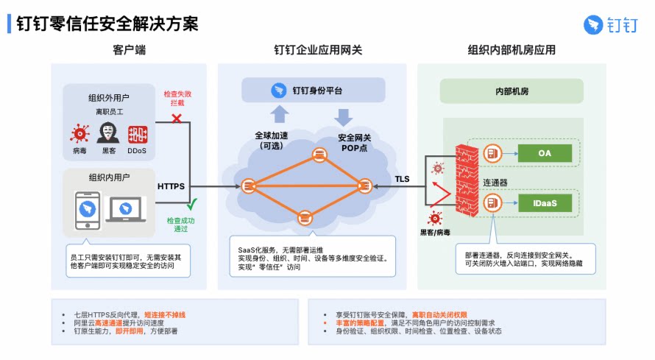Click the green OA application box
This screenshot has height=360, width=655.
coord(545,153)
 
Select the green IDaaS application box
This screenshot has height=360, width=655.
coord(545,203)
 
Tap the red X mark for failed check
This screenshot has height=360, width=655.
coord(177,119)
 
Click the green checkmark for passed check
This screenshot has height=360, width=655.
coord(192,204)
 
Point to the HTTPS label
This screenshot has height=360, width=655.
coord(171,186)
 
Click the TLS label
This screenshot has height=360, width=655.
coord(403,179)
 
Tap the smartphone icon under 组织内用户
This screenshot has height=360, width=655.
coord(88,211)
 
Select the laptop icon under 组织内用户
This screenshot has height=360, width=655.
coord(126,209)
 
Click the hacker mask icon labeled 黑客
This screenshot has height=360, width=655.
coord(108,133)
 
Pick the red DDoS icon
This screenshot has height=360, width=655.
coord(138,135)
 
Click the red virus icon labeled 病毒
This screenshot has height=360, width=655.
coord(79,134)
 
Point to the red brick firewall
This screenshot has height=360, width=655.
coord(467,180)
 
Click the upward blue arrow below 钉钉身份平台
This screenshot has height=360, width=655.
coord(280,114)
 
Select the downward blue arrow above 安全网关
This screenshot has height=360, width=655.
coord(344,118)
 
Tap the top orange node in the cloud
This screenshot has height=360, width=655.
coord(320,155)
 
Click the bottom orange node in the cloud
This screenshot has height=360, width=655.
coord(305,218)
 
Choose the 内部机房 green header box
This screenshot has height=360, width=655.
coord(511,91)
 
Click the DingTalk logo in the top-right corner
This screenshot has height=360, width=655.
coord(611,25)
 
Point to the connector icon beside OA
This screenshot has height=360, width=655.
coord(492,153)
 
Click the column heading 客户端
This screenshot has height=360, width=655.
coord(129,50)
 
